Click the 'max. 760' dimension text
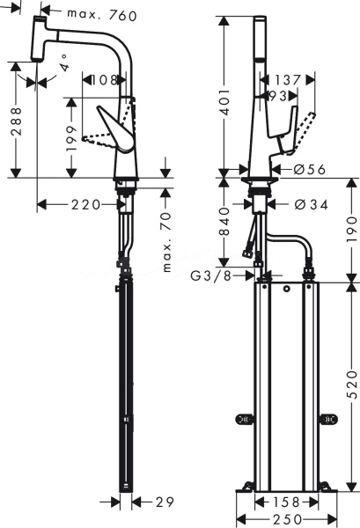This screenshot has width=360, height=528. coord(102,15)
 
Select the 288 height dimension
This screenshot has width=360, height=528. coord(16,121)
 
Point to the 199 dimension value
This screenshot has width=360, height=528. coord(71,139)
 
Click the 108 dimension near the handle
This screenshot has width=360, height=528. coord(104,80)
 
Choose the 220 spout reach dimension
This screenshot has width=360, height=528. coord(85,204)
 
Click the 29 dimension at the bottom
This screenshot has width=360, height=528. coord(165,502)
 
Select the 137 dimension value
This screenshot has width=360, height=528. coord(287,80)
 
